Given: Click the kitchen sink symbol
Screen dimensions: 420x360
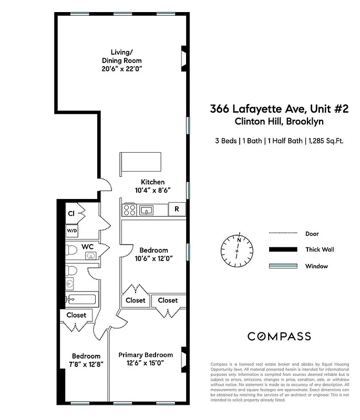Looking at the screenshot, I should [147, 211].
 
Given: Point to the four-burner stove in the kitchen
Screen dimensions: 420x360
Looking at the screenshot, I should [129, 211].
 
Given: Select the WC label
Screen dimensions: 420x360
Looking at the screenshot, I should [87, 247].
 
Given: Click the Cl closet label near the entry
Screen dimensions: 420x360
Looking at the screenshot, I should [71, 214].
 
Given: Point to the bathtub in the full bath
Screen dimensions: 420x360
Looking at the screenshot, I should [81, 300].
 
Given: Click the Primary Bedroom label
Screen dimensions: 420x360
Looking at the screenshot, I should [146, 359].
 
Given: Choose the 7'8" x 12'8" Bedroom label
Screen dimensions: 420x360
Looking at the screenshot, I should [86, 360].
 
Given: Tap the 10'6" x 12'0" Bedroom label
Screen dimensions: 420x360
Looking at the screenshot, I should [153, 254].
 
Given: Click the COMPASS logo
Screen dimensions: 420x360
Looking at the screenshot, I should [279, 337].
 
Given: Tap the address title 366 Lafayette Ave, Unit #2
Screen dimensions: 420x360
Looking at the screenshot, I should [279, 109].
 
